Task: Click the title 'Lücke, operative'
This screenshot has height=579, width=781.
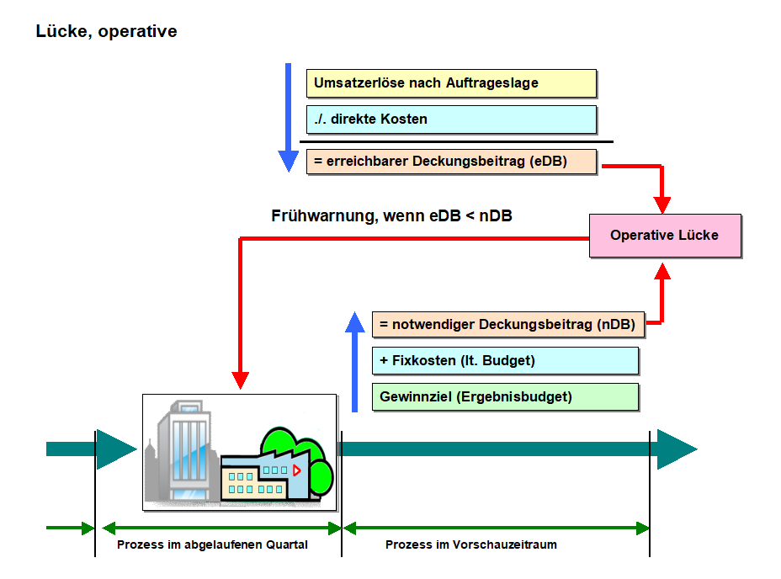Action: point(106,32)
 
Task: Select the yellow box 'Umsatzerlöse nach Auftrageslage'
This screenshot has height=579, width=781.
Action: point(451,83)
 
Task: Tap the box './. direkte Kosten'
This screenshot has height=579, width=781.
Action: point(451,120)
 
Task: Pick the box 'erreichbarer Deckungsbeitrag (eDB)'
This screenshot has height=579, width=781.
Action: point(451,161)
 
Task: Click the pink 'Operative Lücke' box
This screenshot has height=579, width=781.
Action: point(664,236)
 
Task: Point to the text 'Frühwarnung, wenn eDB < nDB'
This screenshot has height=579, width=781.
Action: point(391,216)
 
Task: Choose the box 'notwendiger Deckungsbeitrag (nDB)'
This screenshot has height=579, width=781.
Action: point(507,324)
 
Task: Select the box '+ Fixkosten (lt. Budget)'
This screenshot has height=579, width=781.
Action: point(505,361)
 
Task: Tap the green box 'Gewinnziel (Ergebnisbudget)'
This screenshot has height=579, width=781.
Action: point(505,397)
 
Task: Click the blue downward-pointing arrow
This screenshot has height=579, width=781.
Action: point(288,118)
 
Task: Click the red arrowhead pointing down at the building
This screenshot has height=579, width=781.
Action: point(241,380)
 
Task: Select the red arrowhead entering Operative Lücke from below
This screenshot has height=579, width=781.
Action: point(663,270)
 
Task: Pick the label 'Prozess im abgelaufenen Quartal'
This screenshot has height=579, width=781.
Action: point(212,544)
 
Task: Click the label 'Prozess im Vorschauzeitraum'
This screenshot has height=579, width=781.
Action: point(471,544)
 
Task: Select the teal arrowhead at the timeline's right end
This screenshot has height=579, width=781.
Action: point(676,449)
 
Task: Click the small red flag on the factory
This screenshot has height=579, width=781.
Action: point(296,470)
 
